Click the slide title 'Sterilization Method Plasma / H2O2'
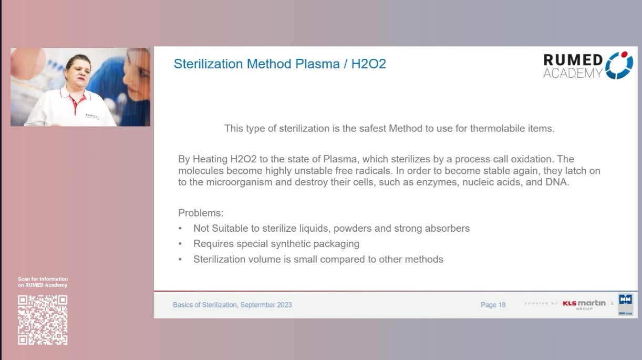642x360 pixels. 279,64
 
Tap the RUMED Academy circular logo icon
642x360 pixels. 619,65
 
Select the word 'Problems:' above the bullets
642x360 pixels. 201,213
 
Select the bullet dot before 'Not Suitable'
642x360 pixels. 181,229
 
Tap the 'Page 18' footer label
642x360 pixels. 493,305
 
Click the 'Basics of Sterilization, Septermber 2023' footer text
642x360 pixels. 232,305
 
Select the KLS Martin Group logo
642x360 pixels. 584,304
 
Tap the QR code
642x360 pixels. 43,320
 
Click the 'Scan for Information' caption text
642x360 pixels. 43,279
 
